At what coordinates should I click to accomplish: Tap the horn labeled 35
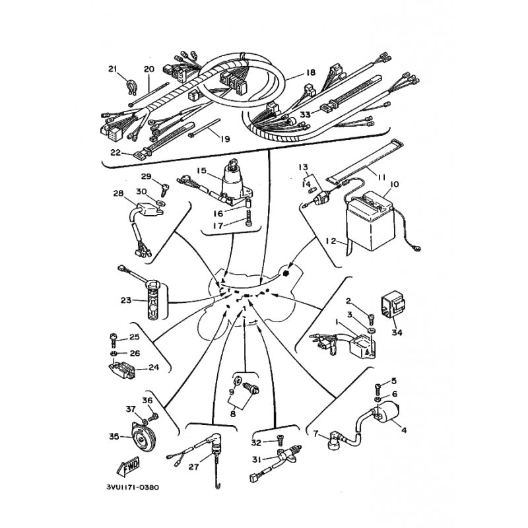pyautogui.click(x=141, y=437)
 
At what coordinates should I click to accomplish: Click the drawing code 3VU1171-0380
pyautogui.click(x=133, y=487)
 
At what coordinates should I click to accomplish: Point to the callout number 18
pyautogui.click(x=310, y=72)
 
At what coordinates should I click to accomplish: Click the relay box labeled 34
pyautogui.click(x=393, y=306)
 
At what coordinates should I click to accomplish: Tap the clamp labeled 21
pyautogui.click(x=130, y=87)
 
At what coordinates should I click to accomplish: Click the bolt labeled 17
pyautogui.click(x=249, y=218)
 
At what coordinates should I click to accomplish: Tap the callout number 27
pyautogui.click(x=193, y=467)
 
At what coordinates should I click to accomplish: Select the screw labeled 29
pyautogui.click(x=164, y=190)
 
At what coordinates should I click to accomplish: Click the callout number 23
pyautogui.click(x=126, y=300)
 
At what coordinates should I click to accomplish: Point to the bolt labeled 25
pyautogui.click(x=114, y=339)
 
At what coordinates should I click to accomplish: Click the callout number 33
pyautogui.click(x=305, y=114)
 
